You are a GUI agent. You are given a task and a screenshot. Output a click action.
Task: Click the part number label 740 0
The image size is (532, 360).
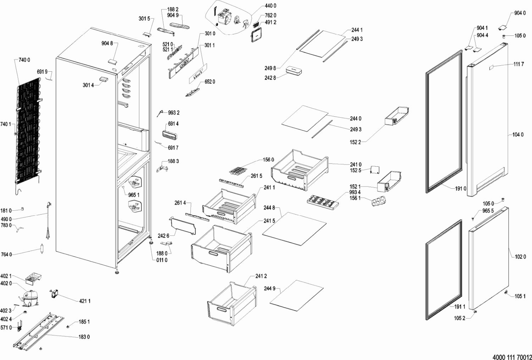pos(24,60)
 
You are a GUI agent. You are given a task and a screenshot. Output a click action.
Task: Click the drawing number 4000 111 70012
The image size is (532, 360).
pos(511,355)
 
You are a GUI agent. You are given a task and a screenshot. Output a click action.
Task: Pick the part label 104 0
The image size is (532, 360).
pos(518,135)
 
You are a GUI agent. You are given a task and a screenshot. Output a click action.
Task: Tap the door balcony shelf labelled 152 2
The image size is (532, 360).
pos(397,116)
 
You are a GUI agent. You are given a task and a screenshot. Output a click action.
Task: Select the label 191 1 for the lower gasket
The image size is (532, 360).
pos(460,307)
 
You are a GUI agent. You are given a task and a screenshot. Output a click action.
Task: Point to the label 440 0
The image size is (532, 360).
pos(270,6)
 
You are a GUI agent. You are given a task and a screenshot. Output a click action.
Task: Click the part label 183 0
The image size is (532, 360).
pos(84,337)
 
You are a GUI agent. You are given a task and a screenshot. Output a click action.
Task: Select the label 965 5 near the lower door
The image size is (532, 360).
pos(488,211)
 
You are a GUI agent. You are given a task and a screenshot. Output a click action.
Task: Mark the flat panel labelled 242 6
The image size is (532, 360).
pos(183,226)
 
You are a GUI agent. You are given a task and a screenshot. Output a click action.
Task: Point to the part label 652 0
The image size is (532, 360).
pos(210,82)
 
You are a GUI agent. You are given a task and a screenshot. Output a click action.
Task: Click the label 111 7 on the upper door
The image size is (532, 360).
pos(518,64)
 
